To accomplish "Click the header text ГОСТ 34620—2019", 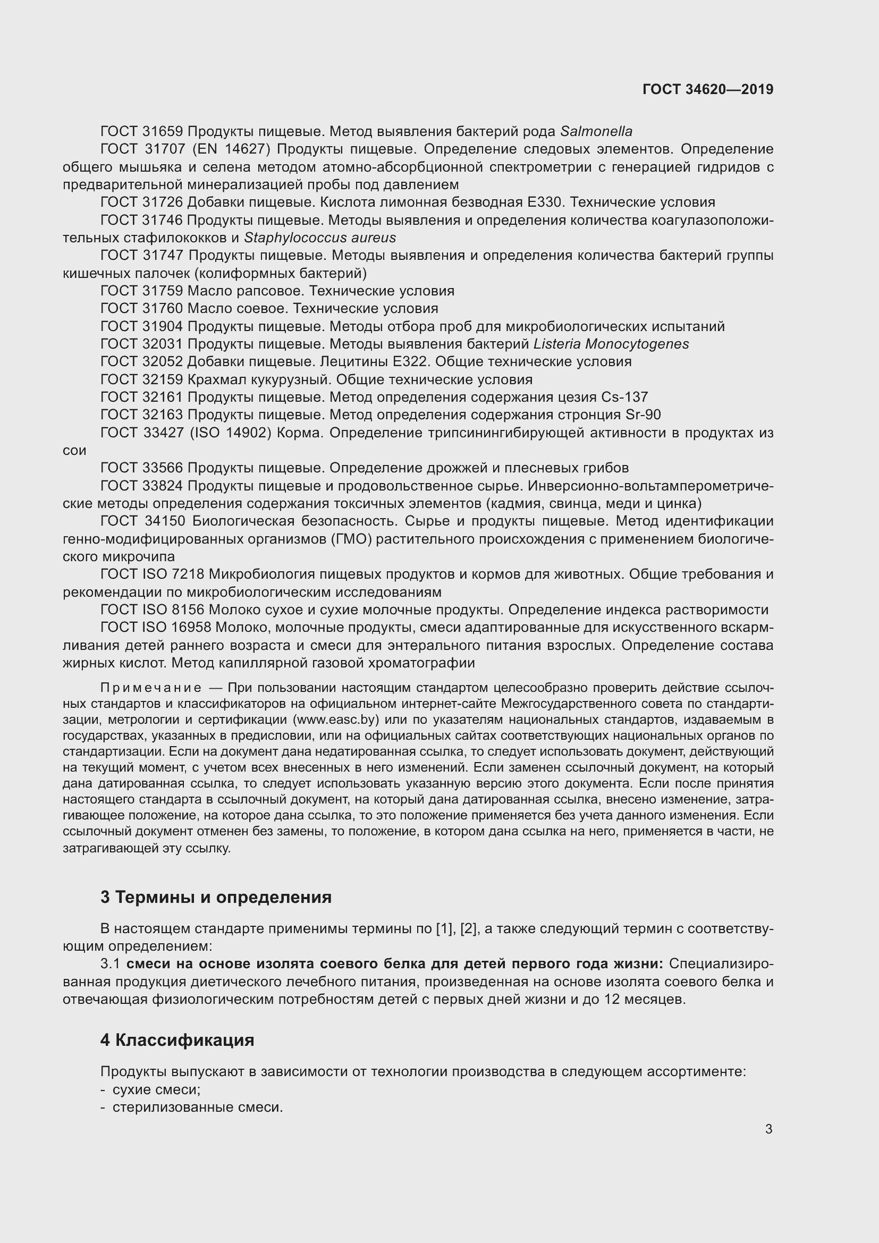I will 708,89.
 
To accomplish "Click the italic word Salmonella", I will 596,132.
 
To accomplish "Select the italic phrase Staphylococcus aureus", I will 320,238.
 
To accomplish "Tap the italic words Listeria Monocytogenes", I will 611,344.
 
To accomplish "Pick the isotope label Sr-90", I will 643,415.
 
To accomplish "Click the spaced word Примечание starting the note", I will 151,688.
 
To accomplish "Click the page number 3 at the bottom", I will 768,1129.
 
